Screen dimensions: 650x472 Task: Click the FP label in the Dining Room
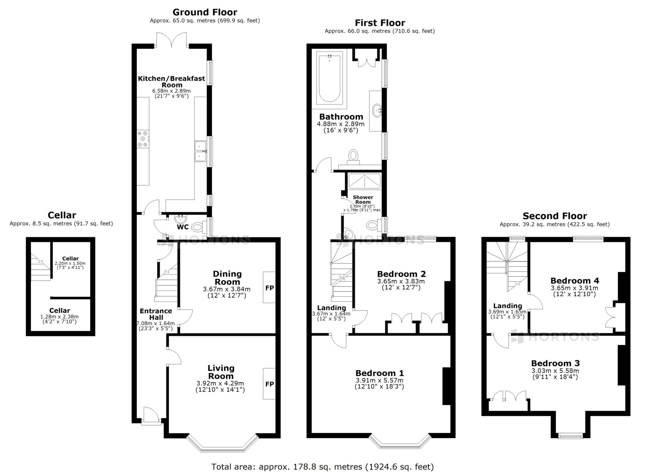[x=269, y=288]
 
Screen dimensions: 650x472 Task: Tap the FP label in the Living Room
[x=269, y=384]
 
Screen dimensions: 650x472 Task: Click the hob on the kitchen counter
[x=143, y=139]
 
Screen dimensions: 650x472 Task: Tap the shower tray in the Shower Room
[x=365, y=181]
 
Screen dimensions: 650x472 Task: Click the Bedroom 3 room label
[x=555, y=363]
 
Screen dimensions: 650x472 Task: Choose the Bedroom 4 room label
[x=575, y=280]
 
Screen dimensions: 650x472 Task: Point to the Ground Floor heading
[x=205, y=12]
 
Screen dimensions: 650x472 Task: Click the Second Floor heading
[x=555, y=216]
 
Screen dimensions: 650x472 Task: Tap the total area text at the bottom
[x=322, y=467]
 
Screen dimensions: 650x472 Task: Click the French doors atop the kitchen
[x=171, y=40]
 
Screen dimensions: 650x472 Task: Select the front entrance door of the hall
[x=151, y=416]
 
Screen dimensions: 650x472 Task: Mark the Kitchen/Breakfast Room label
[x=172, y=81]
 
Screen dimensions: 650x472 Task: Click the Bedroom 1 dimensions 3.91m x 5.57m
[x=380, y=380]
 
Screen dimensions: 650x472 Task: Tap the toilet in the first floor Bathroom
[x=354, y=157]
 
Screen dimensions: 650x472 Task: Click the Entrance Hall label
[x=156, y=314]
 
